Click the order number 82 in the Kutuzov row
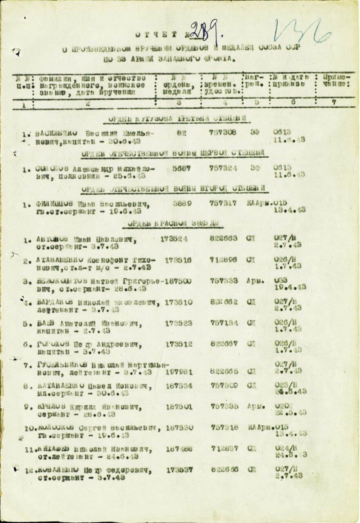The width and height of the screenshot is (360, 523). (182, 133)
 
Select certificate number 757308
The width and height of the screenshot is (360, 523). (223, 133)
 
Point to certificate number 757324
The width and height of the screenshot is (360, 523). (223, 168)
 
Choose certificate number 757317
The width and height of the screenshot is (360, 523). (223, 203)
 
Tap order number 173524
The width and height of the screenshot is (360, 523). (174, 239)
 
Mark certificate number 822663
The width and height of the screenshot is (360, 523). (223, 238)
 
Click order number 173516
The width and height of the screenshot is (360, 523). (178, 260)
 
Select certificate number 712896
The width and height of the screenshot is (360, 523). (223, 260)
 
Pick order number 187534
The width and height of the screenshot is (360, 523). (179, 386)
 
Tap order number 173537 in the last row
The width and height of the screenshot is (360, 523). (179, 470)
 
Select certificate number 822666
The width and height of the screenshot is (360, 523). (224, 470)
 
